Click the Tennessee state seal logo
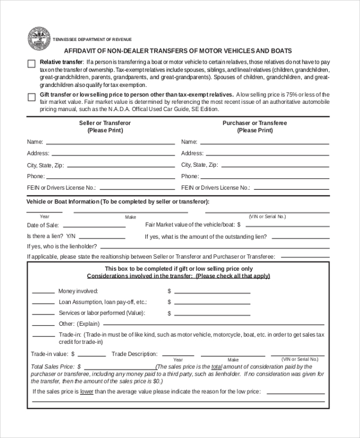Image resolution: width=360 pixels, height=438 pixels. point(39,38)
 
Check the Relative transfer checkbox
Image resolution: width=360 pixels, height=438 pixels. point(31,64)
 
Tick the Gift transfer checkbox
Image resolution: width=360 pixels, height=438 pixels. point(31,97)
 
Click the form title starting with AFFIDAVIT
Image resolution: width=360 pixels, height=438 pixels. point(178,51)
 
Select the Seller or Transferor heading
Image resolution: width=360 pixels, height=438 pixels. point(105,122)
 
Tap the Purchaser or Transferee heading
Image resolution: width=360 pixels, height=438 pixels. point(254,122)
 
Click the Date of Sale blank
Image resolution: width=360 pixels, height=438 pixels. point(93,227)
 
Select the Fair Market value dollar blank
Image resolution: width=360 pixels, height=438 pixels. point(286,227)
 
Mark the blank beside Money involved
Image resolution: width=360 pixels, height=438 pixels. point(43,292)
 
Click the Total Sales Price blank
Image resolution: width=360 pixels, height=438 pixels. point(119,368)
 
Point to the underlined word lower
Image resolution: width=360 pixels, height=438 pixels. point(87,391)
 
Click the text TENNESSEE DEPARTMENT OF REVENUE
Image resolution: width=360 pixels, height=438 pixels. point(92,39)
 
